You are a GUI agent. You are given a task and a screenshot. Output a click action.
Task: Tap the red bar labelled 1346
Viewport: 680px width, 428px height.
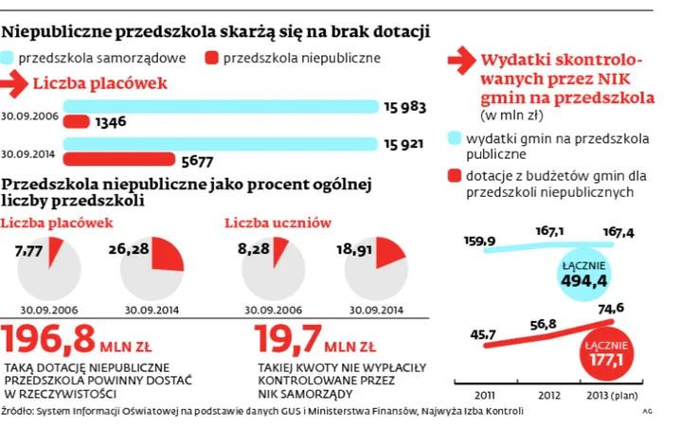point(77,121)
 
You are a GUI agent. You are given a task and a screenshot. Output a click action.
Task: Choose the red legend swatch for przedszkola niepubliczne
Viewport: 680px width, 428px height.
point(211,58)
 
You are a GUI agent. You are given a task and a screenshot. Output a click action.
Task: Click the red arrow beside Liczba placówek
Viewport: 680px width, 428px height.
point(15,83)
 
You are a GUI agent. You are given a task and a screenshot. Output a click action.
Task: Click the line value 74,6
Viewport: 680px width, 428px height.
point(612,308)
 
